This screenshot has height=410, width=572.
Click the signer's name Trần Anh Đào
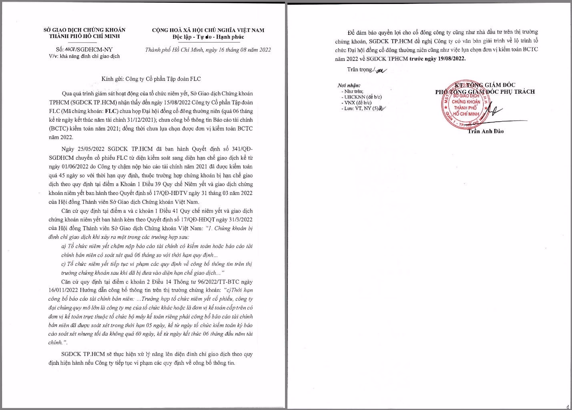tap(486, 131)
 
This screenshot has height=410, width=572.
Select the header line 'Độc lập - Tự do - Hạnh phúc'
tap(208, 37)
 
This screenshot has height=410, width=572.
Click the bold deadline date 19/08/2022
tap(447, 58)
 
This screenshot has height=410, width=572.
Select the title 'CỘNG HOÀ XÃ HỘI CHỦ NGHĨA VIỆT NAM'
tap(208, 30)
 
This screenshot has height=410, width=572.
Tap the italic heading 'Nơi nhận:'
tap(349, 85)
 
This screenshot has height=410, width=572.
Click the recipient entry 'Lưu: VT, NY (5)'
tap(360, 108)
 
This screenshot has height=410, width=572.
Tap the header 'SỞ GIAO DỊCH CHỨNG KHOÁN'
tap(84, 30)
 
